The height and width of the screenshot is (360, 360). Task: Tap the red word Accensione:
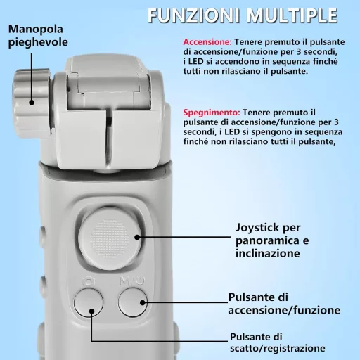tap(207, 42)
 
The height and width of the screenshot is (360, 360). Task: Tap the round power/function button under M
tap(133, 303)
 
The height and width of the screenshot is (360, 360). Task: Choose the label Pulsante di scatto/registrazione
tap(277, 342)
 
